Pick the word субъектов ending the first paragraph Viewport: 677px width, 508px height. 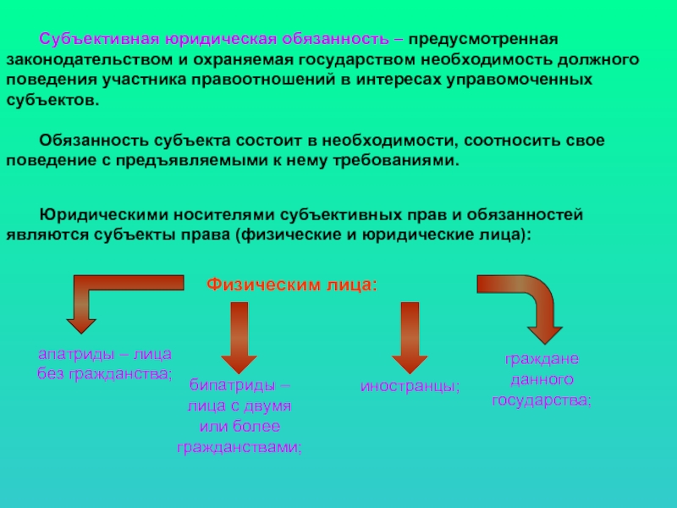pos(51,100)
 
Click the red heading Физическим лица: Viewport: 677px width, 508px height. pos(292,284)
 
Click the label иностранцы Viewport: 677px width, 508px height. pos(410,386)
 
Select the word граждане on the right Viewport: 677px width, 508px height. pos(542,359)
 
